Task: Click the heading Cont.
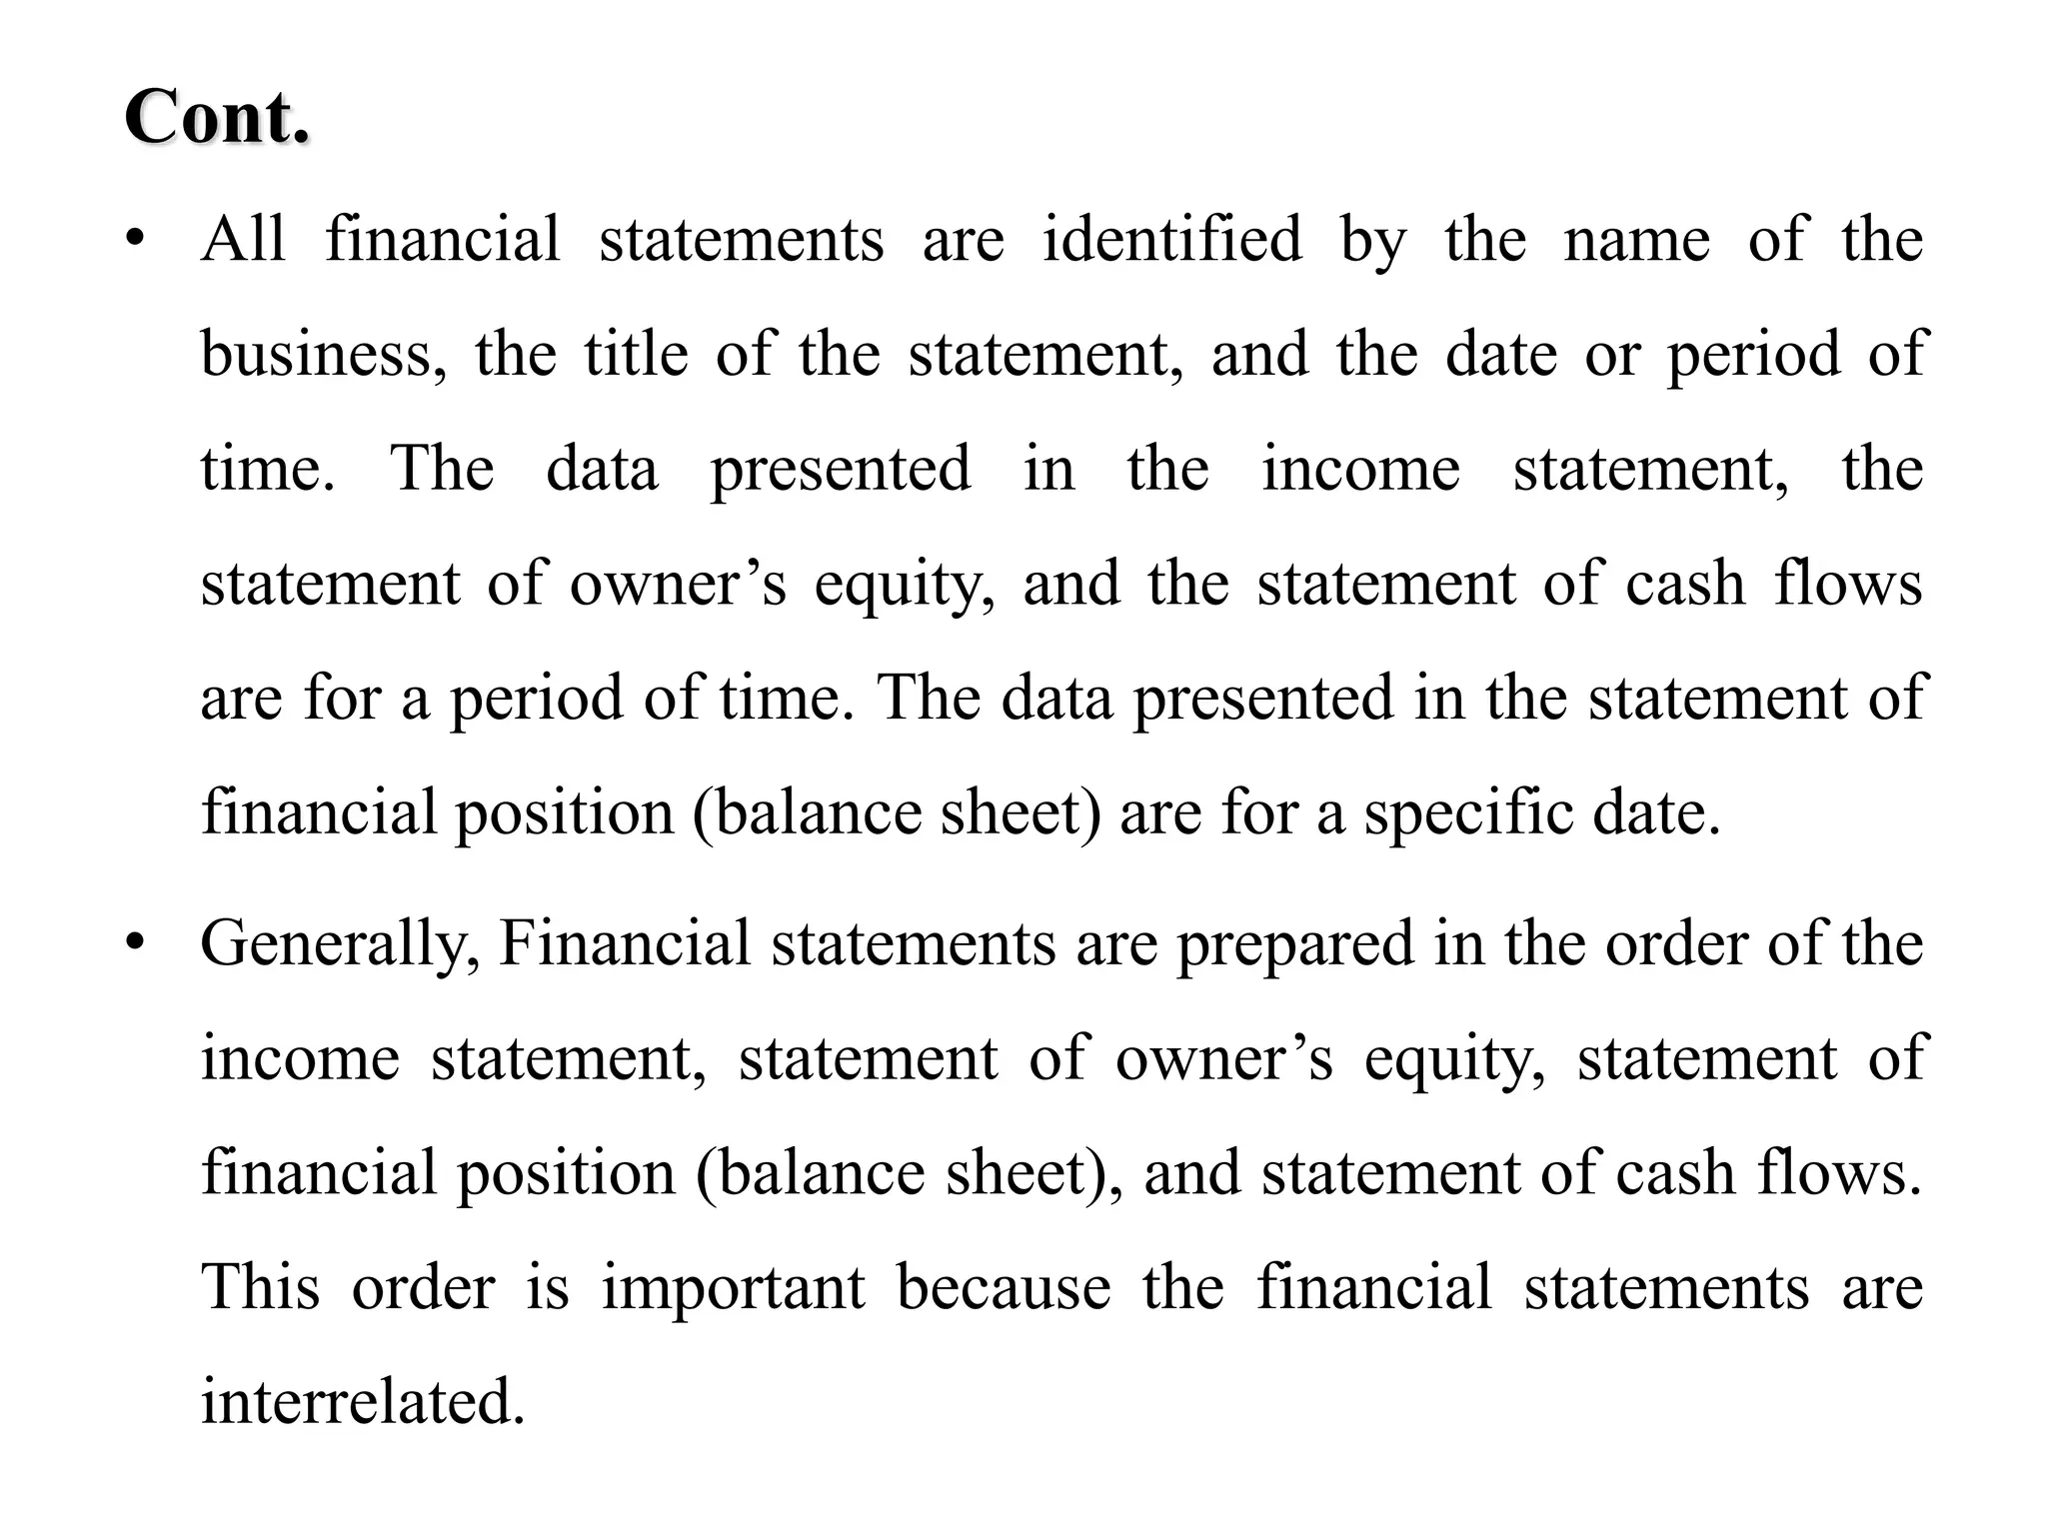pos(217,118)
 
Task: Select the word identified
pos(1171,240)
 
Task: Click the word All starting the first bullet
pos(243,240)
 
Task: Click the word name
pos(1636,242)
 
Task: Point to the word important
pos(733,1287)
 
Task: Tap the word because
pos(1003,1287)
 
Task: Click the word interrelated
pos(363,1401)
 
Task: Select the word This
pos(260,1287)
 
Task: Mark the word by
pos(1372,242)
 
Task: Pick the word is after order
pos(547,1287)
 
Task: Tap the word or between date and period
pos(1611,356)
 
